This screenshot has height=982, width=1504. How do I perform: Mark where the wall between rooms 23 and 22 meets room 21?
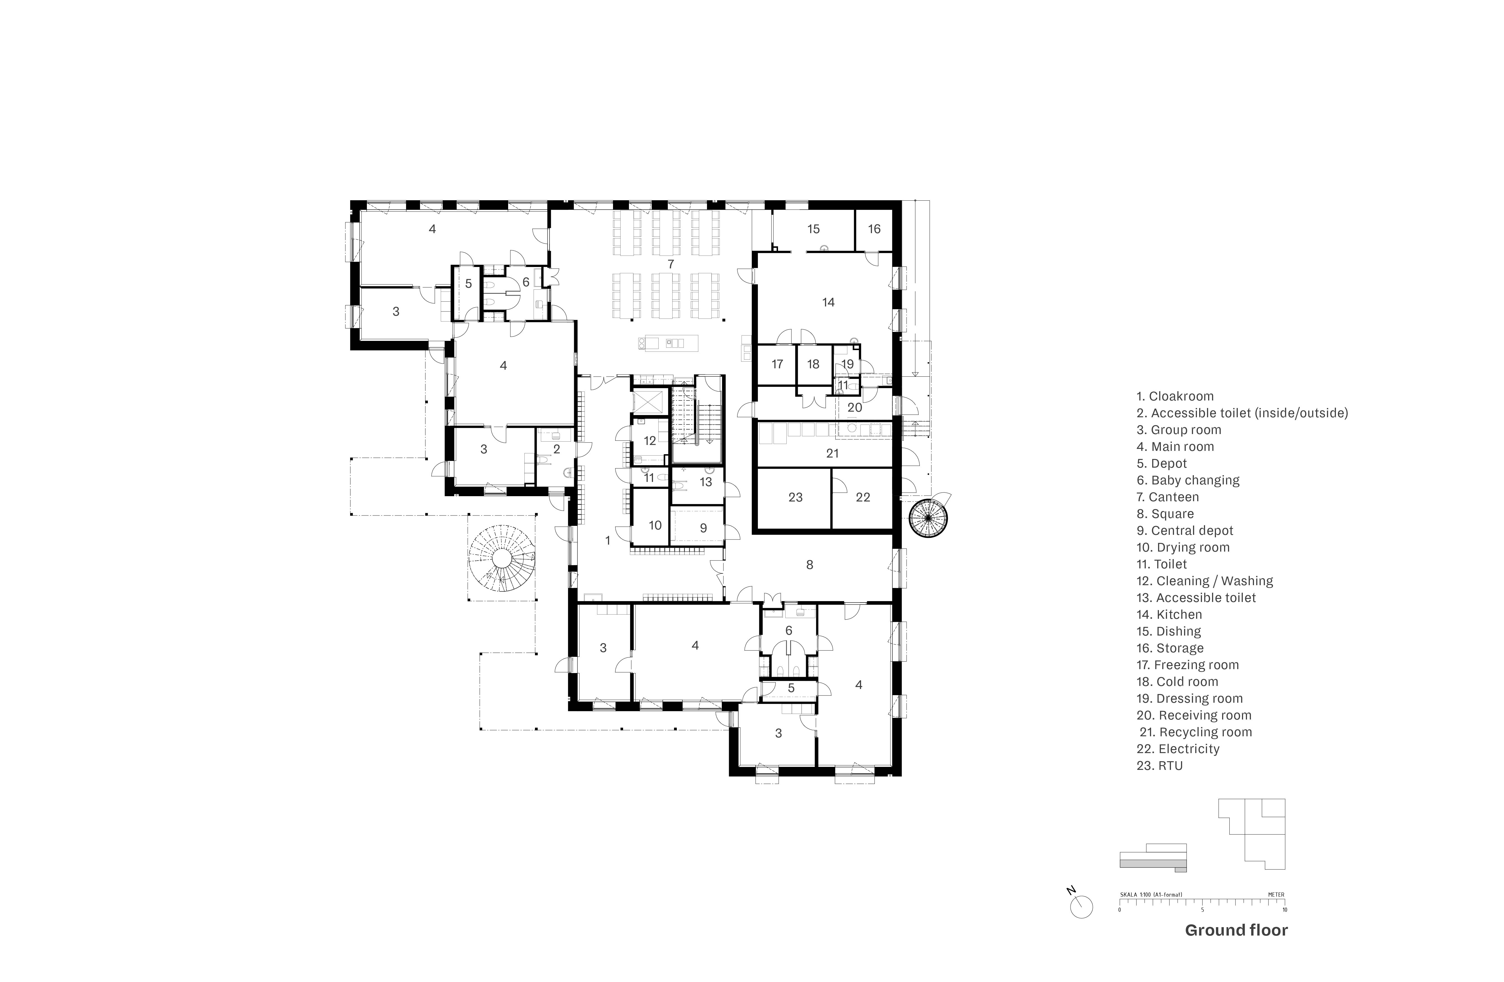(x=831, y=468)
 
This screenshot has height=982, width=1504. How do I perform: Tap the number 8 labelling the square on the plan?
(x=810, y=565)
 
